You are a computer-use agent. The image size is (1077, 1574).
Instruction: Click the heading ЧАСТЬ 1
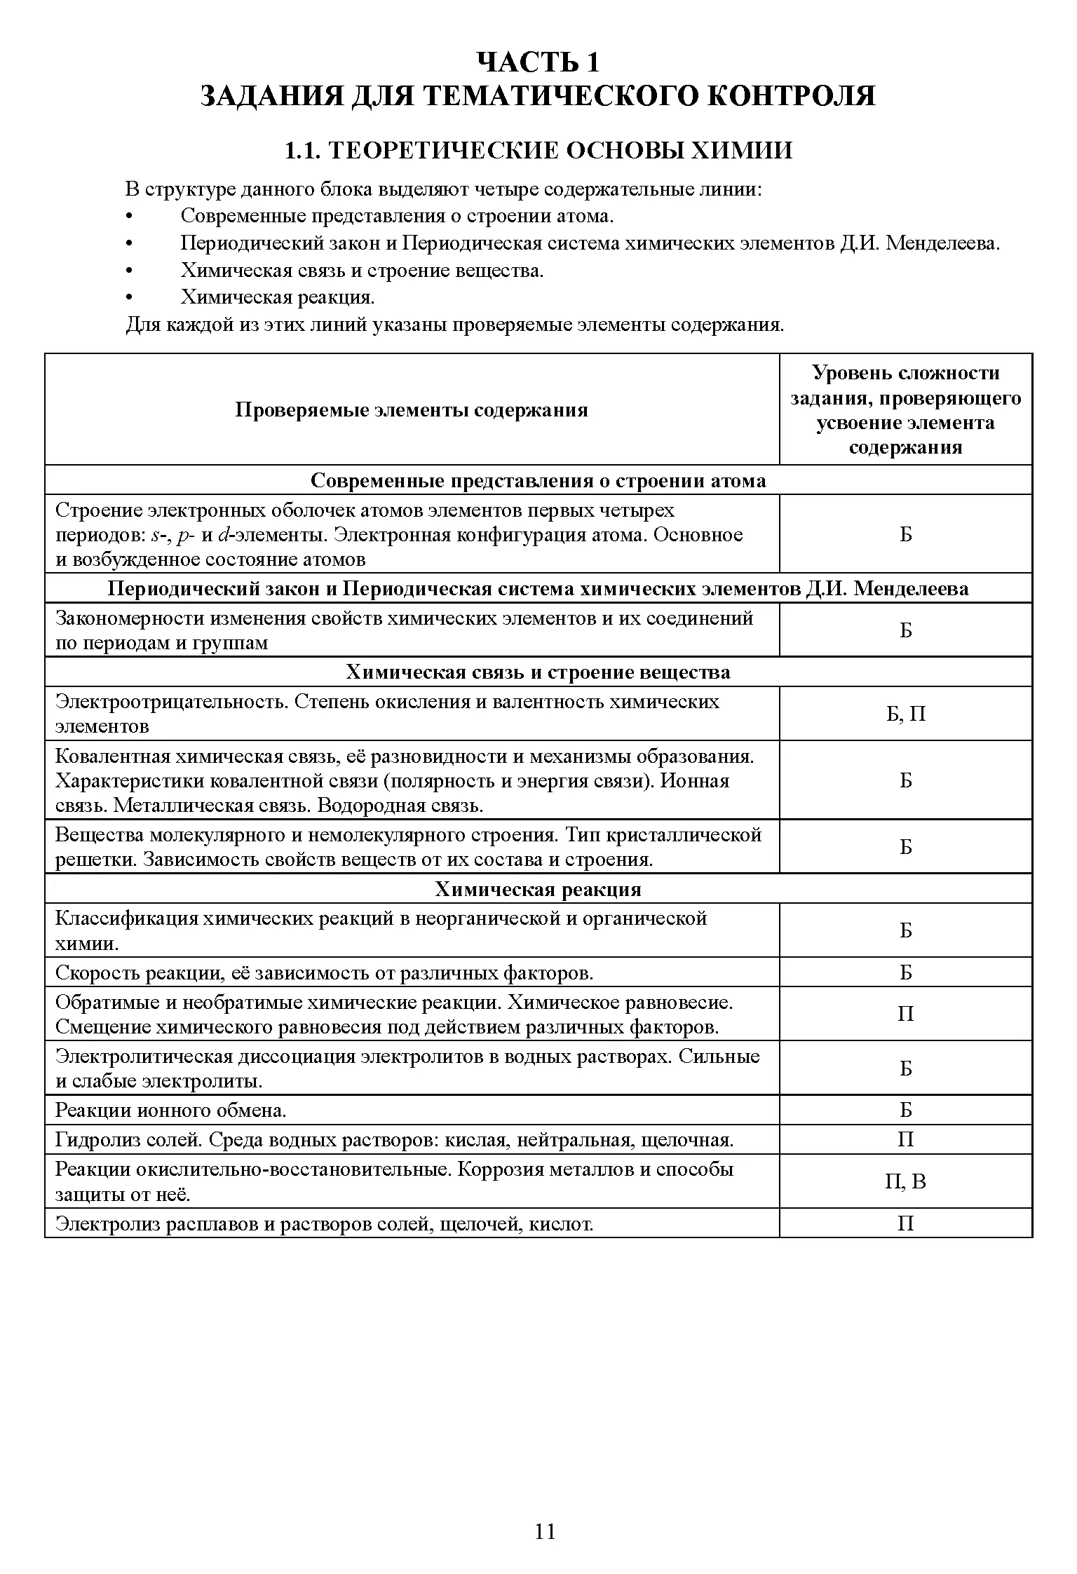coord(538,62)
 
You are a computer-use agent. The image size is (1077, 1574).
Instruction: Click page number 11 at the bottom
coord(545,1531)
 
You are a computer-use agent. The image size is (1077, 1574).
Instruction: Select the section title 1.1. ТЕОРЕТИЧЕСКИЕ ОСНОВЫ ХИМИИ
coord(538,151)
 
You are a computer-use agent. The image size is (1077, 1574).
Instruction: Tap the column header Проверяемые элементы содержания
coord(412,410)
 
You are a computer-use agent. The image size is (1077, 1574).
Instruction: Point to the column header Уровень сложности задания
coord(905,410)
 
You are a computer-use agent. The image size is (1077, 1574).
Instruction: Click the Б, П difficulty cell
coord(905,714)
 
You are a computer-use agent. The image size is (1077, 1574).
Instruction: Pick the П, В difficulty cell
coord(905,1182)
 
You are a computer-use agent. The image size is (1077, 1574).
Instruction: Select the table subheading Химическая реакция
coord(538,889)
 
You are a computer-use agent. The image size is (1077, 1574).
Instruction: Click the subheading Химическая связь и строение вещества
coord(538,672)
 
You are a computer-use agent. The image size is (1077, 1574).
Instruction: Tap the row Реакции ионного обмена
coord(171,1111)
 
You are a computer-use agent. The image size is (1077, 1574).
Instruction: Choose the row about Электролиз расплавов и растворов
coord(324,1224)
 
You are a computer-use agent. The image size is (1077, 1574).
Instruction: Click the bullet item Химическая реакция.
coord(278,297)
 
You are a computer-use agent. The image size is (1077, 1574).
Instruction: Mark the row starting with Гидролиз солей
coord(394,1140)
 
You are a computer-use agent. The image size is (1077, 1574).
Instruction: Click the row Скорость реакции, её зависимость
coord(324,973)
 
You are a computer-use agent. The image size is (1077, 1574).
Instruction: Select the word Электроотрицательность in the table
coord(171,702)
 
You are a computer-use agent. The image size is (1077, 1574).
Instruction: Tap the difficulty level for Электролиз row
coord(905,1224)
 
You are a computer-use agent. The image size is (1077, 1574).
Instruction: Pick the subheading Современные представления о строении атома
coord(538,481)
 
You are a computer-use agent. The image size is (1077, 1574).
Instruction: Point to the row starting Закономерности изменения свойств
coord(404,630)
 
